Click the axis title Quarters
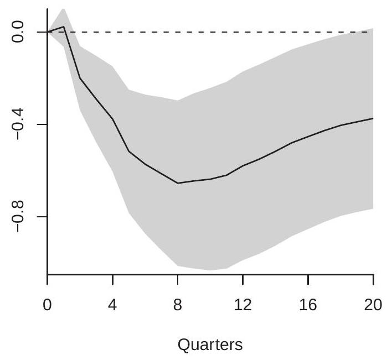point(210,345)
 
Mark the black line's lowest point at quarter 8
point(178,183)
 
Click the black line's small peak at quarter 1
point(64,27)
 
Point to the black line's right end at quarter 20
point(373,118)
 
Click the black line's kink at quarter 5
point(129,151)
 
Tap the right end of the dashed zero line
point(368,32)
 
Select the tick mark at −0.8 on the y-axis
point(44,217)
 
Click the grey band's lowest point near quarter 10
point(210,270)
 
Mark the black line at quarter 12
point(243,165)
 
